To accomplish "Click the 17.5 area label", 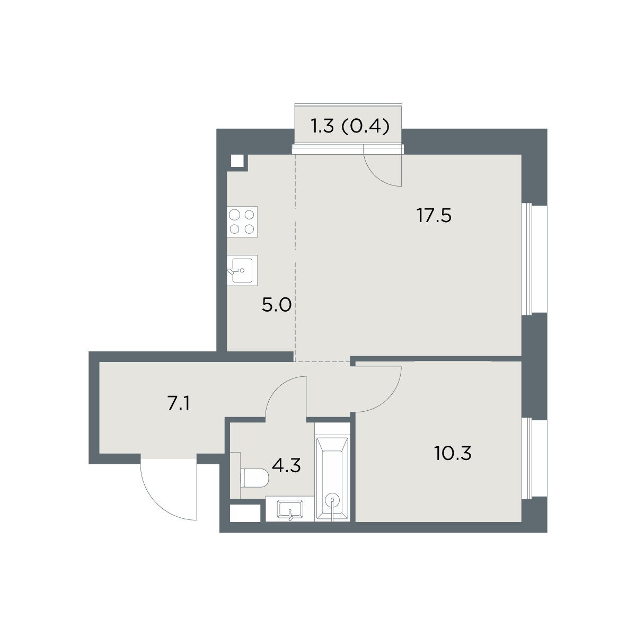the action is coord(434,216).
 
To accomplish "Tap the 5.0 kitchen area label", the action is coord(277,305).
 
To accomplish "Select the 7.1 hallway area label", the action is coord(179,403).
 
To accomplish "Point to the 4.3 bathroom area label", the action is coord(286,466).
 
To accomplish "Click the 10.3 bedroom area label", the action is coord(453,453).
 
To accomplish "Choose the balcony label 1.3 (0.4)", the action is coord(350,127).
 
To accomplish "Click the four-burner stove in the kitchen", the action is coord(242,222).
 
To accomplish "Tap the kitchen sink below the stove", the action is coord(242,270).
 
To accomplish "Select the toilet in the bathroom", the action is coord(254,478).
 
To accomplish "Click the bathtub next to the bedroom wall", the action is coord(332,472).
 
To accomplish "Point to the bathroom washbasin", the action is coord(290,509).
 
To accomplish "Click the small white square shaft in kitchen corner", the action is coord(237,161).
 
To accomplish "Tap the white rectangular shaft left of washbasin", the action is coord(244,514).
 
